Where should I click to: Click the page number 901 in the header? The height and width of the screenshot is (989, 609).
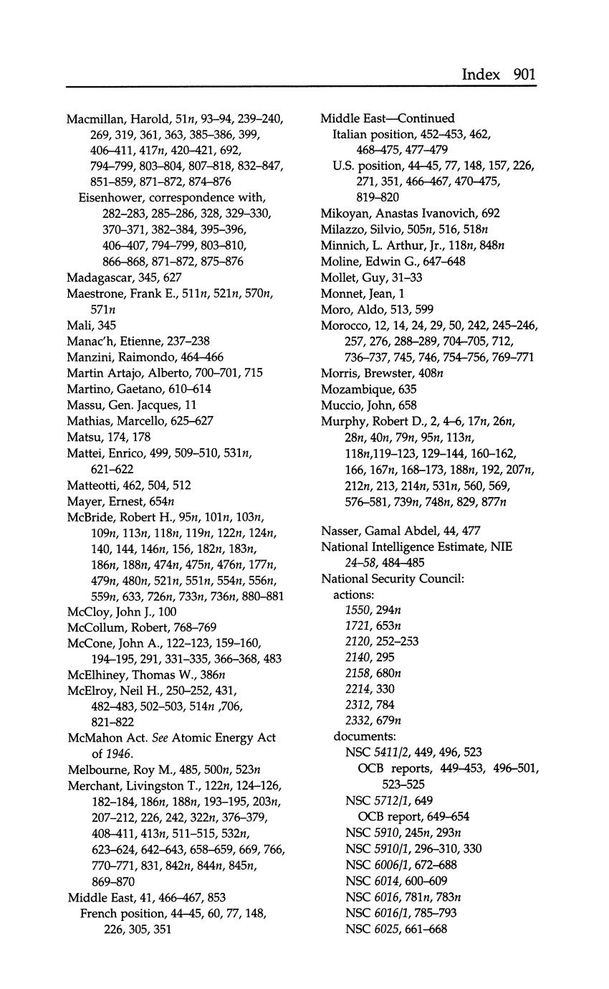tap(524, 74)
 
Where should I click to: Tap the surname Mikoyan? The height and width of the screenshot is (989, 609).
tap(345, 213)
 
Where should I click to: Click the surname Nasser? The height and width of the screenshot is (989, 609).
tap(341, 531)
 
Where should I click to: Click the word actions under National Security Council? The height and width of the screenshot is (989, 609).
tap(353, 594)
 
